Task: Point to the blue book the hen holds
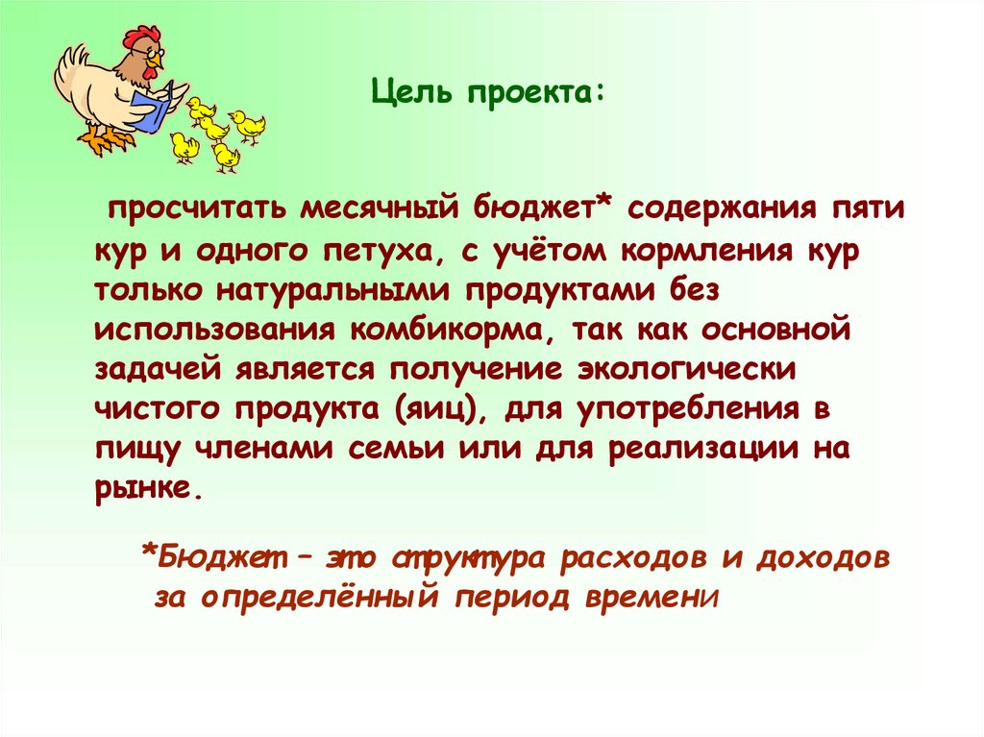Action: tap(151, 109)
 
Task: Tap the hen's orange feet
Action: tap(108, 140)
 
